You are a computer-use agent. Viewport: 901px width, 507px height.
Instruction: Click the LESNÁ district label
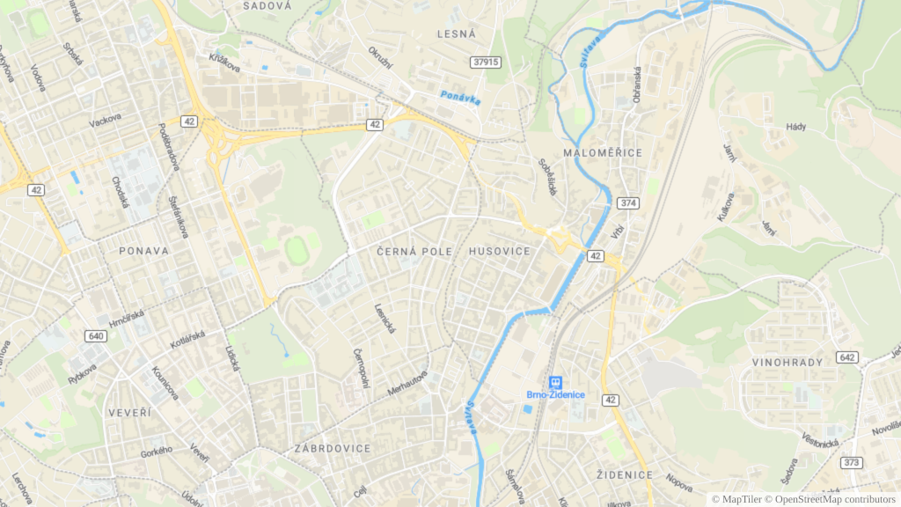click(456, 33)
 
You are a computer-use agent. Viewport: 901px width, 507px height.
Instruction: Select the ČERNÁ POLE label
click(414, 252)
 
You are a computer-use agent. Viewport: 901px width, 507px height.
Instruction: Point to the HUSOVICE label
click(500, 252)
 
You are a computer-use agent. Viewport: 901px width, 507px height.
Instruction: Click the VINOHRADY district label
click(787, 362)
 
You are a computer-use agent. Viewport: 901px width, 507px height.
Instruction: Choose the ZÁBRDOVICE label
click(333, 448)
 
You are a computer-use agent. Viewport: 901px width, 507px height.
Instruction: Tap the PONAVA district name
click(143, 251)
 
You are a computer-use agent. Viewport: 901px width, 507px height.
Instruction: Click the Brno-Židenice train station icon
click(555, 381)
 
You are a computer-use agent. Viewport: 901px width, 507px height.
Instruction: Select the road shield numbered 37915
click(486, 62)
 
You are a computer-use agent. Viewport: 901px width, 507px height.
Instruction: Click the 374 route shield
click(627, 203)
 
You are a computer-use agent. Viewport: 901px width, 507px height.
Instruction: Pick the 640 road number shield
click(97, 336)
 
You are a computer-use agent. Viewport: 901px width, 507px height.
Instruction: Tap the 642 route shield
click(847, 357)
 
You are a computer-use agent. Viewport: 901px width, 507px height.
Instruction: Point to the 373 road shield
click(851, 462)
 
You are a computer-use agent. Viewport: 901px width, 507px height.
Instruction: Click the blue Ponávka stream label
click(461, 98)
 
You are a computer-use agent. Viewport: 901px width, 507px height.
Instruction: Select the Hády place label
click(795, 127)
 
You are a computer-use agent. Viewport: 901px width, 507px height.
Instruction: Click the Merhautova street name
click(407, 383)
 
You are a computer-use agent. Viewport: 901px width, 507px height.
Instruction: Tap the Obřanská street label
click(636, 84)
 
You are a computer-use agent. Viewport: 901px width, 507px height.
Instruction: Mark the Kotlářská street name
click(187, 339)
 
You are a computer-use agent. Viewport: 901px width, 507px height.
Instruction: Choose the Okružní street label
click(379, 58)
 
